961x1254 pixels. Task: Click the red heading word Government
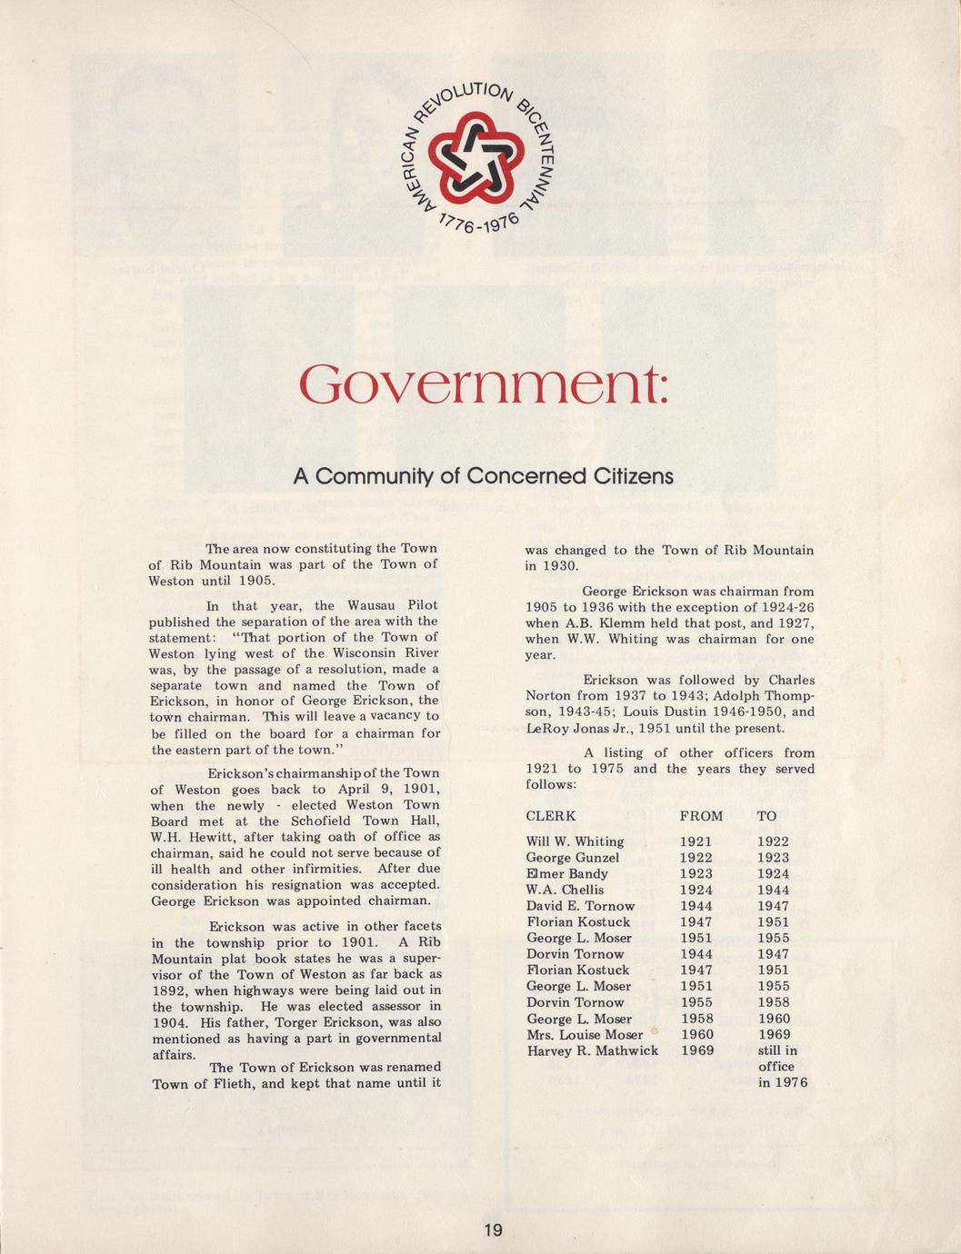point(484,386)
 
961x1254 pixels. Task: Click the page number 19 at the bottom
point(492,1230)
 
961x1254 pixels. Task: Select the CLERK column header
point(551,816)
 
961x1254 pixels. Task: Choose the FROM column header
point(701,816)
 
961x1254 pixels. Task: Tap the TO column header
point(766,816)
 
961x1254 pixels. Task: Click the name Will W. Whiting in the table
point(575,841)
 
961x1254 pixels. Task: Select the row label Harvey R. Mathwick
point(592,1050)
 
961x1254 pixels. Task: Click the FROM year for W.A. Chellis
point(696,890)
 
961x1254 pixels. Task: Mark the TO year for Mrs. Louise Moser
point(774,1034)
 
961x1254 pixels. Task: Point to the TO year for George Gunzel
point(774,858)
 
